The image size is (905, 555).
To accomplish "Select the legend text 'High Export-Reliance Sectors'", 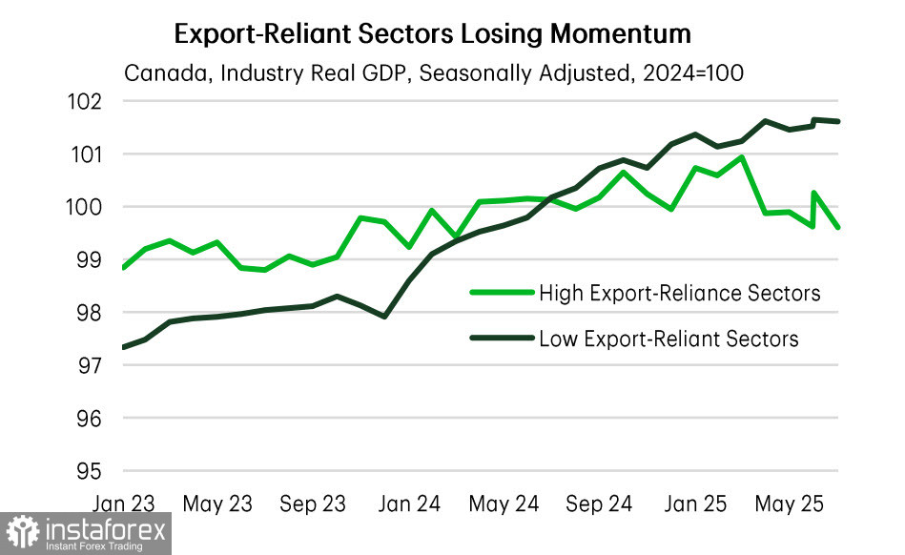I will tap(679, 293).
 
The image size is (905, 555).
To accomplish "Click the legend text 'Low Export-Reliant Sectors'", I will tap(668, 339).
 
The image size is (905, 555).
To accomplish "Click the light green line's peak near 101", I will tap(741, 156).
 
